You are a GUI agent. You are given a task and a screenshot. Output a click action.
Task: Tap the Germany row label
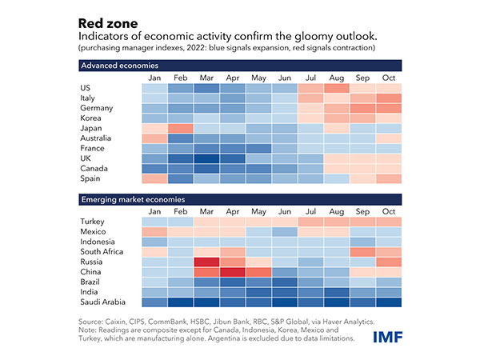click(x=97, y=107)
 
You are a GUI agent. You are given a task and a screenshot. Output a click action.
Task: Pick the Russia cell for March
click(x=207, y=262)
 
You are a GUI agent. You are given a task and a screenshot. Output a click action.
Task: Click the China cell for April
click(x=233, y=272)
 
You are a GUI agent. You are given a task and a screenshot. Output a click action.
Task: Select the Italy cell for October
click(x=387, y=97)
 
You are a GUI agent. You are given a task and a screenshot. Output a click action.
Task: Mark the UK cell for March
click(x=207, y=158)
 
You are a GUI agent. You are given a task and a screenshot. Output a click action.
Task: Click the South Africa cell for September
click(x=362, y=251)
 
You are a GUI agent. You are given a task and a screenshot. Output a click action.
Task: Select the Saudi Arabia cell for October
click(x=387, y=302)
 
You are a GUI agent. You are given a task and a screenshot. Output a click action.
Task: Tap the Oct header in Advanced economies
click(x=387, y=77)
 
